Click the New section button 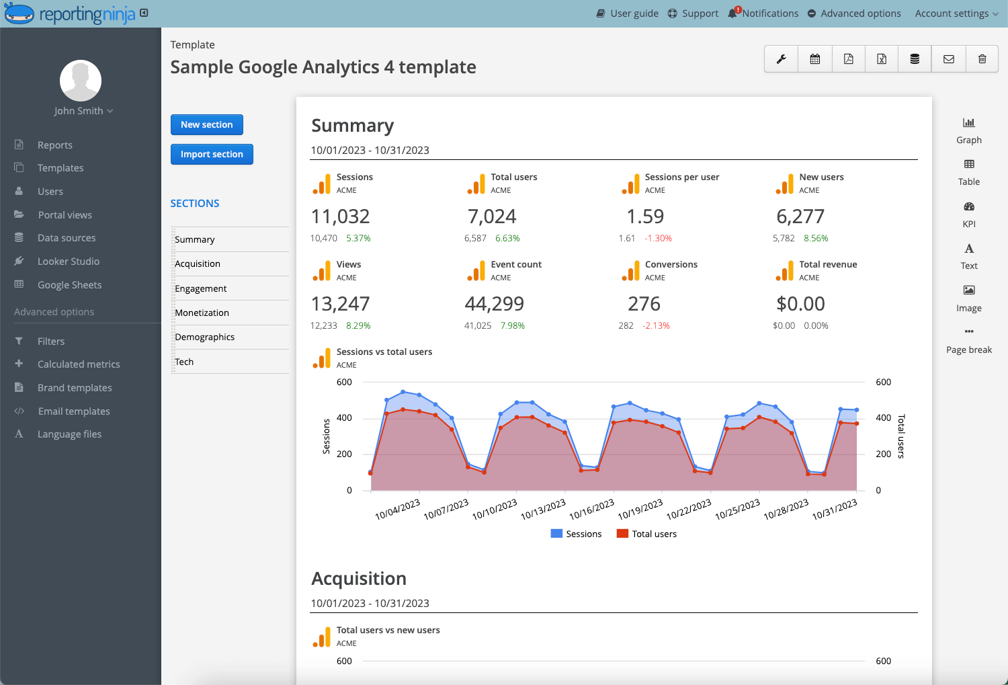206,124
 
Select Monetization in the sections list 202,313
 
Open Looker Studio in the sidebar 68,261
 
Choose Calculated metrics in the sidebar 78,364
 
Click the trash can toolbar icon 982,59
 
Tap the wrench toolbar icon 781,59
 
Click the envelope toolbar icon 948,59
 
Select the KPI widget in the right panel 968,214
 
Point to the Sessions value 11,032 340,216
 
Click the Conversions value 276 644,304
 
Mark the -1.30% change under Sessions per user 658,239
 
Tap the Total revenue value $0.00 800,304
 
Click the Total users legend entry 646,534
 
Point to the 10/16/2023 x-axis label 592,509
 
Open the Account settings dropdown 956,13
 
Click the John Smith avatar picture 81,81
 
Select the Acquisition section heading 359,579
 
